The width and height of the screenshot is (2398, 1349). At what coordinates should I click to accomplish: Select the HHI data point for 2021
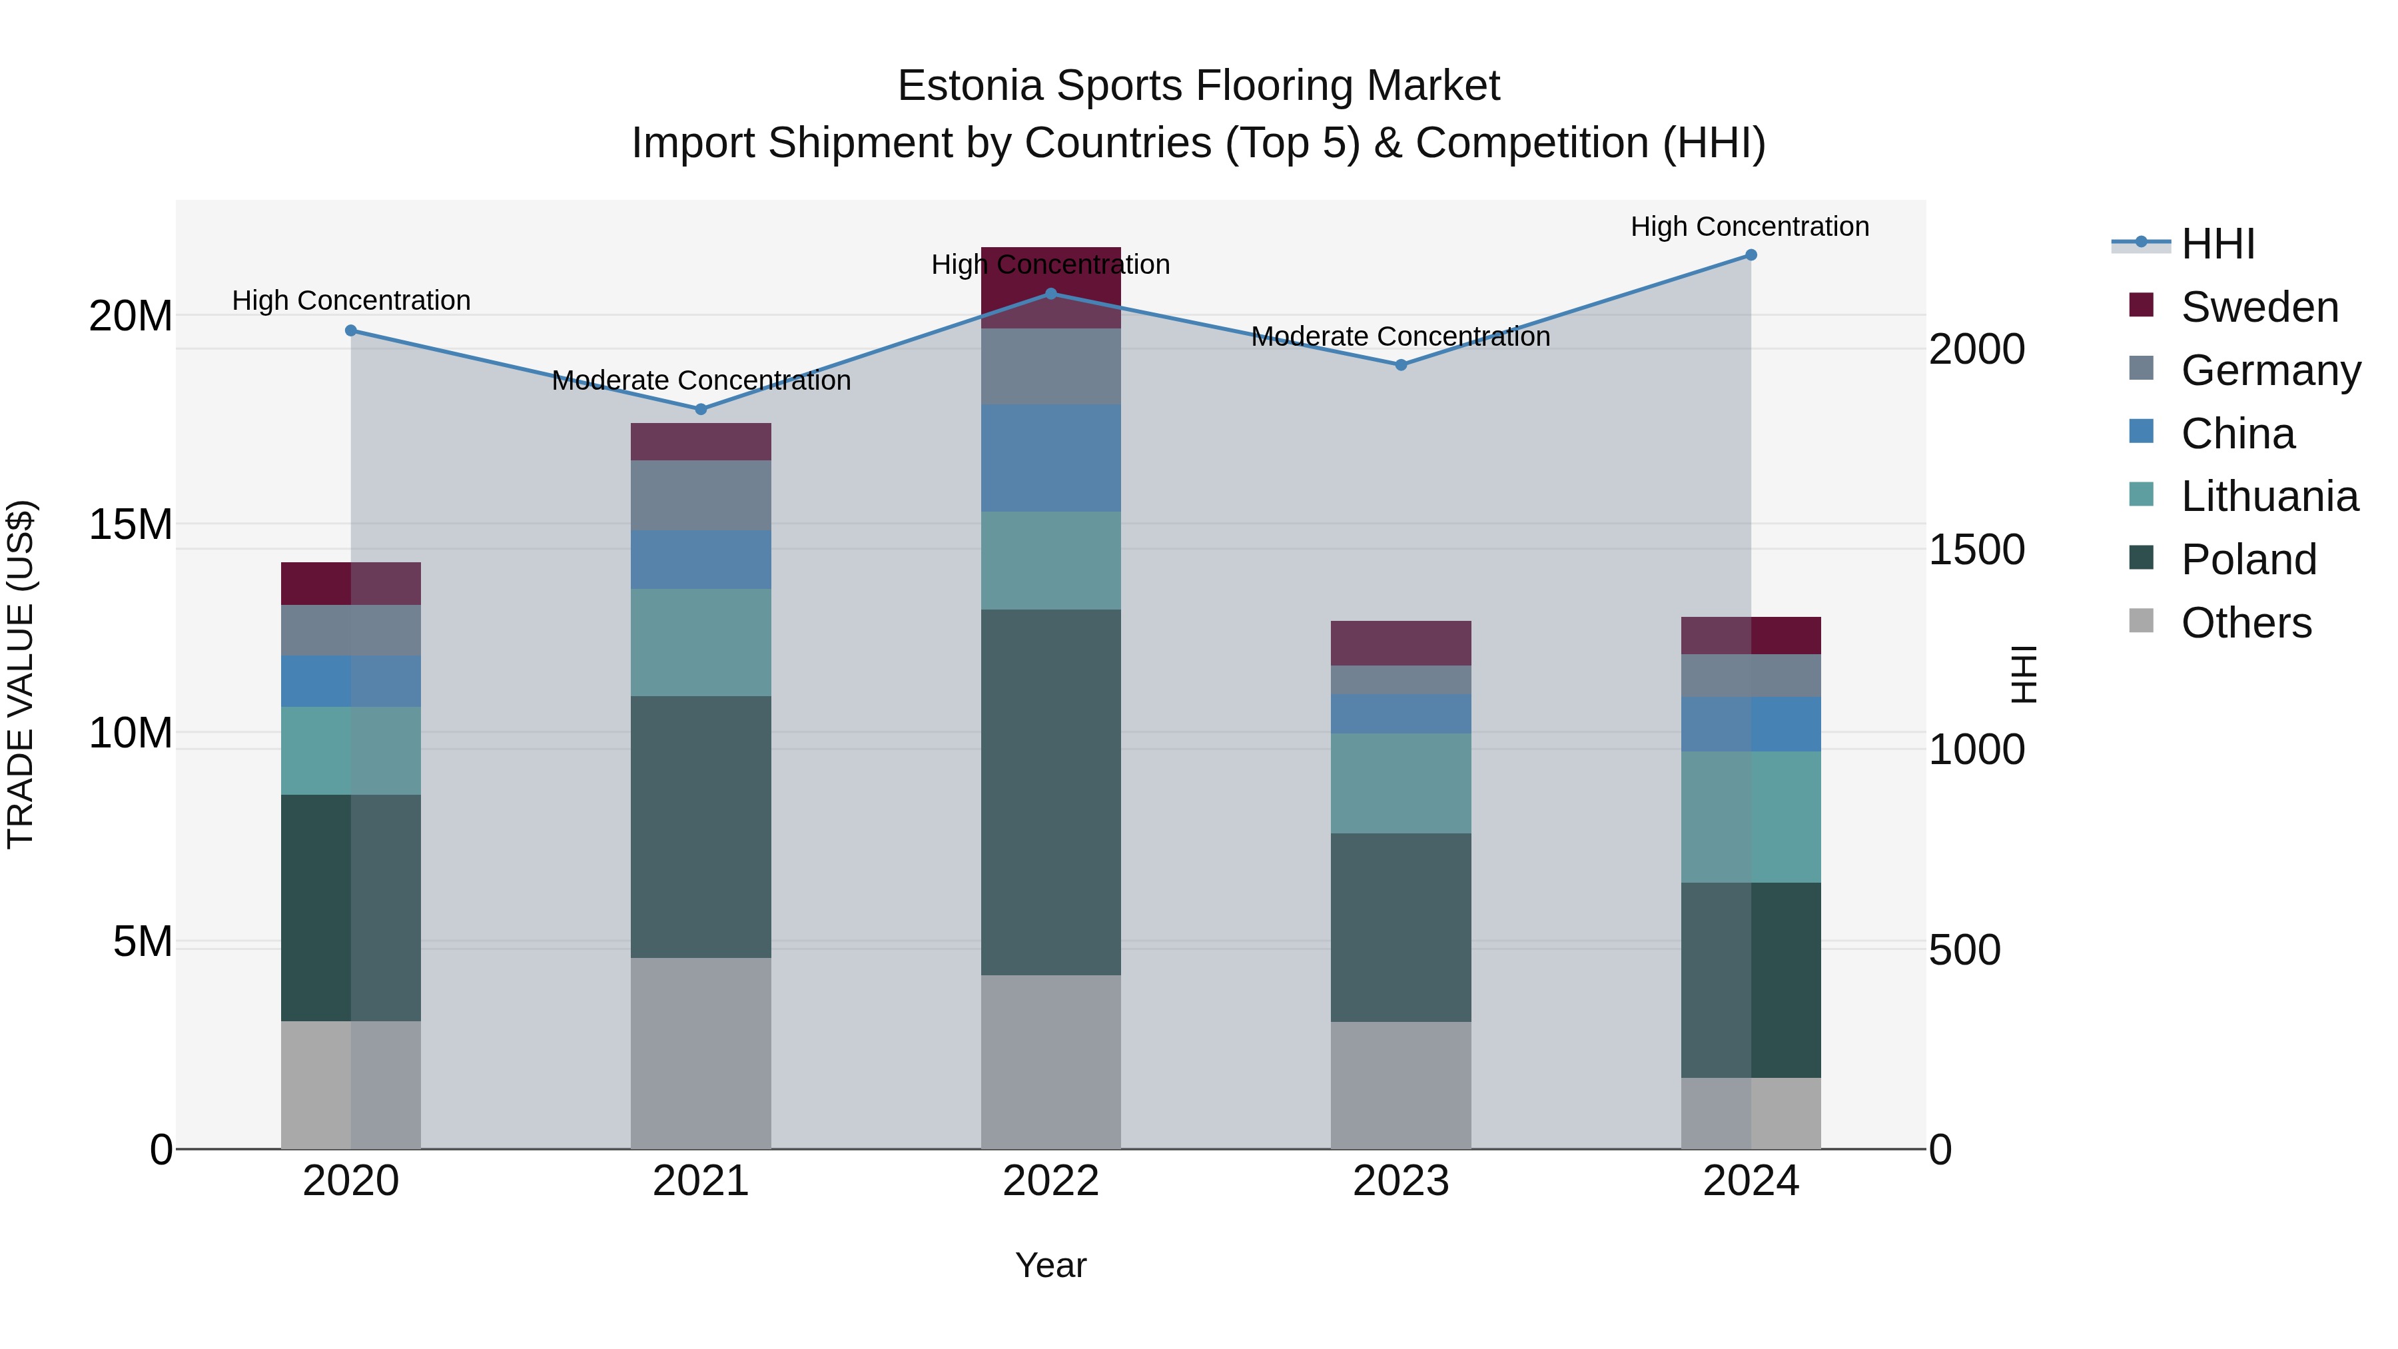701,410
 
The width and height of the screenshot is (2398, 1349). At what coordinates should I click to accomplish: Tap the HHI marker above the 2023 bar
1401,365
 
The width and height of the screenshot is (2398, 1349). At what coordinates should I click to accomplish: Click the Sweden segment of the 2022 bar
1051,279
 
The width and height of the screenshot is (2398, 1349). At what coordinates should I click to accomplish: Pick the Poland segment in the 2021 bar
701,827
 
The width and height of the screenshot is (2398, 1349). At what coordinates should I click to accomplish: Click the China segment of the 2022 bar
1051,458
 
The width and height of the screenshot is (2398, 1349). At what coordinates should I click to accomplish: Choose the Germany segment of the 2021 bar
701,495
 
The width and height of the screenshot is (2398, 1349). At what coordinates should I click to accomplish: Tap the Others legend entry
2245,623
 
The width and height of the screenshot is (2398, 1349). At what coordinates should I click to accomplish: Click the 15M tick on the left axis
131,525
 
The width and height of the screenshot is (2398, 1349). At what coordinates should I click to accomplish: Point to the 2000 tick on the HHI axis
1976,350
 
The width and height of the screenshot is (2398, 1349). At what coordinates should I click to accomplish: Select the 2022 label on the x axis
1051,1181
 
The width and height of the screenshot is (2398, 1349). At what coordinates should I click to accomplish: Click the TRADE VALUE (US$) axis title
21,674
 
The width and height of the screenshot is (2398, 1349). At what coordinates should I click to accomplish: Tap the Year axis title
1051,1265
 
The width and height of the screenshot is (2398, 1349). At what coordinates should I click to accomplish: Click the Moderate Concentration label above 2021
701,381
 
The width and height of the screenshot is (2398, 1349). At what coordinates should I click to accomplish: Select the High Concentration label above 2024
1749,226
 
